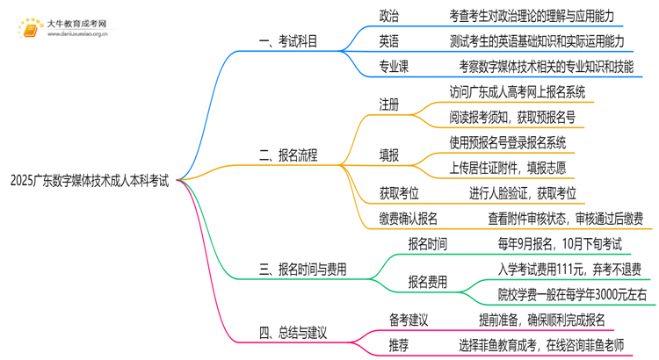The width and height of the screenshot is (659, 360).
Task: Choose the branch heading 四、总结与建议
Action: tap(294, 332)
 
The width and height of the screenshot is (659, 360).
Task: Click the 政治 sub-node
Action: tap(389, 16)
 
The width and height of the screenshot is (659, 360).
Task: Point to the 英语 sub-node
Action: tap(389, 40)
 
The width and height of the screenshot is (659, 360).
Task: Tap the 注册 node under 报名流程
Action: tap(389, 104)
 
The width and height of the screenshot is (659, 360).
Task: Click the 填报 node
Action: tap(389, 155)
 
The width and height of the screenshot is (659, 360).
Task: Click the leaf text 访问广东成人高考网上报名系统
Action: tap(517, 91)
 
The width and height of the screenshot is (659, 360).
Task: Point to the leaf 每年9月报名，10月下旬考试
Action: tap(552, 243)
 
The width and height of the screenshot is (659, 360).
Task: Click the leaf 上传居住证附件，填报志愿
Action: tap(516, 167)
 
